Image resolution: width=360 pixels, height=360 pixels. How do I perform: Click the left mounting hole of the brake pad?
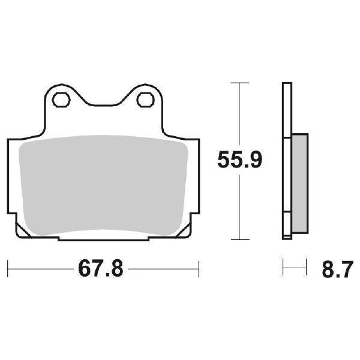59,100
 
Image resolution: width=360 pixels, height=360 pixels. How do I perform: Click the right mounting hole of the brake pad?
145,100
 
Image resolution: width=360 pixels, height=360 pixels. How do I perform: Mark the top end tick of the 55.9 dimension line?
240,82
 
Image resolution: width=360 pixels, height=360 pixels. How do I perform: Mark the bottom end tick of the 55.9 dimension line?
240,240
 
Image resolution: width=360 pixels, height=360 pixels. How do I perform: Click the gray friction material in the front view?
102,186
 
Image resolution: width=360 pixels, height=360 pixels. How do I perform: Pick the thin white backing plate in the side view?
287,162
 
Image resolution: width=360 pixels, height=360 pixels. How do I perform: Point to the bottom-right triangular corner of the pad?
185,232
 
